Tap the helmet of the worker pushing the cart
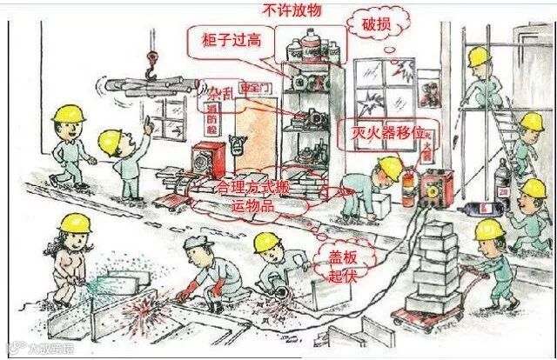(488, 229)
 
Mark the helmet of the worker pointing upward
(110, 138)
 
